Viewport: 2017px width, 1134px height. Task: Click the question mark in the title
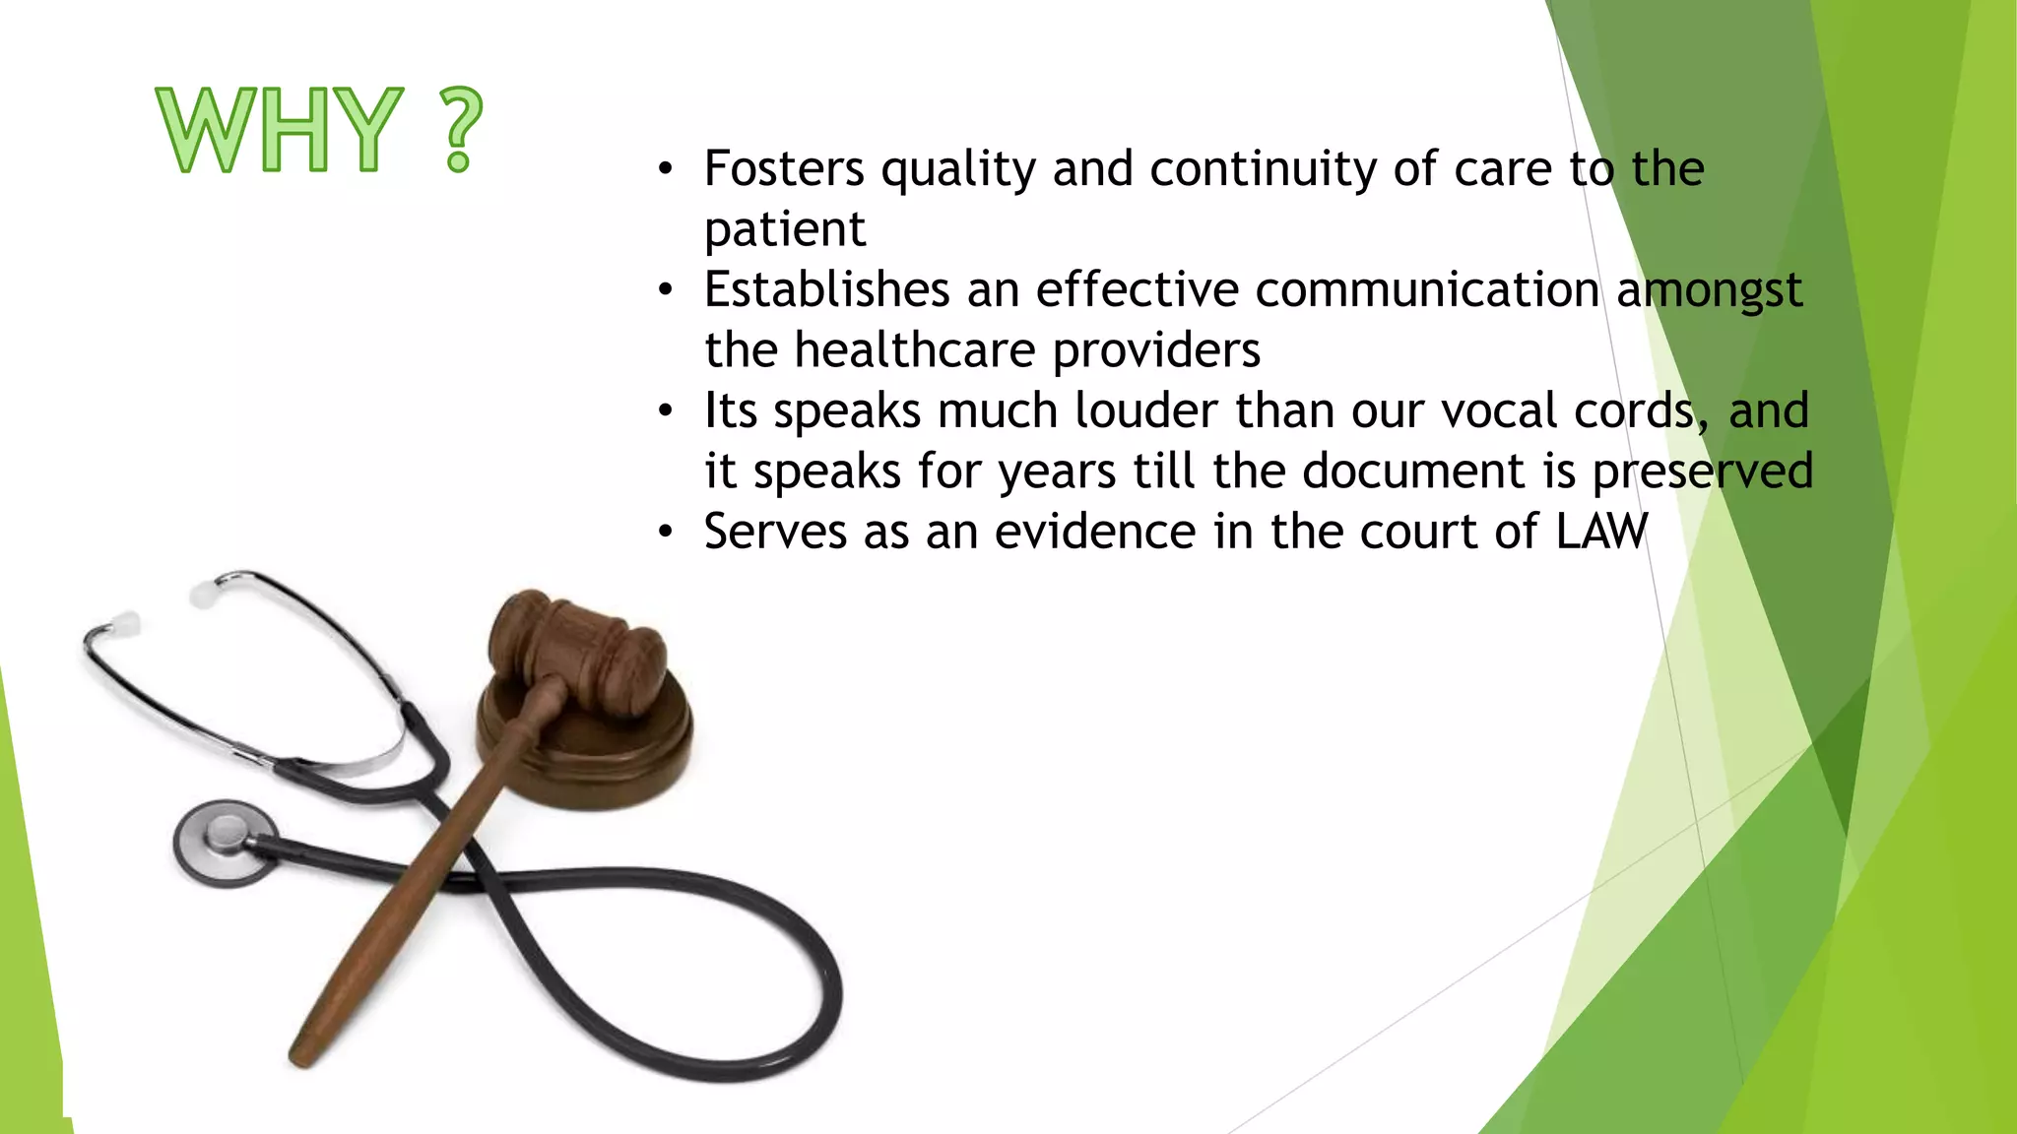[x=459, y=130]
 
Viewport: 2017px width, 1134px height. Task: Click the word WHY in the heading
[x=280, y=130]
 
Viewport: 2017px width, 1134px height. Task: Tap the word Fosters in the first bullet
[x=784, y=168]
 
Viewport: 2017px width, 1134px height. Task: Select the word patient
[x=785, y=230]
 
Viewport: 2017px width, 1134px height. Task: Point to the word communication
[x=1427, y=289]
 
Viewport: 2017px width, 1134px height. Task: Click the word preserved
[x=1703, y=471]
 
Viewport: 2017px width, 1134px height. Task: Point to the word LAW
[x=1601, y=532]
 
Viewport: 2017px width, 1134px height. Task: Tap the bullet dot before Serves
[x=667, y=533]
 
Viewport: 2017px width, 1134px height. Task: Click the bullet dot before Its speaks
[x=667, y=411]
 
